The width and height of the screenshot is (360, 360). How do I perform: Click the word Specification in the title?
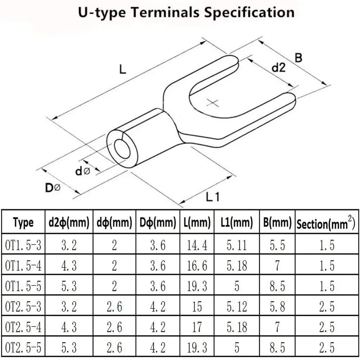click(249, 13)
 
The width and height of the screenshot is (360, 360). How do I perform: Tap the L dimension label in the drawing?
click(123, 69)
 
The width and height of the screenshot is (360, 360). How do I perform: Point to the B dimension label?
click(298, 58)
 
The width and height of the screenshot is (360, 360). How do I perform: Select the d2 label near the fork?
click(279, 68)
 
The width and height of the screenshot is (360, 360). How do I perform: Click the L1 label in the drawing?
click(213, 197)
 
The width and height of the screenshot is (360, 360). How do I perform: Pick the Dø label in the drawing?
click(53, 188)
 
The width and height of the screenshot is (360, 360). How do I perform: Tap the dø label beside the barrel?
click(83, 171)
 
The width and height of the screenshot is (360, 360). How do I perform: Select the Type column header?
click(23, 222)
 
